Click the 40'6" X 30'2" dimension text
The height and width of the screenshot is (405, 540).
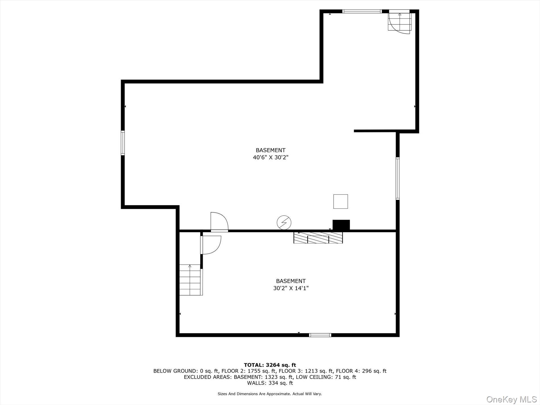(271, 157)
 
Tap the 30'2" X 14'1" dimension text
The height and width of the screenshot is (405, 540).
(291, 288)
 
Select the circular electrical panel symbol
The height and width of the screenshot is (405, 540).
(284, 223)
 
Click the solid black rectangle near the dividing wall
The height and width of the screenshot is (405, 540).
(341, 225)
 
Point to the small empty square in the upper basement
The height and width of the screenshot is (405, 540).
(340, 202)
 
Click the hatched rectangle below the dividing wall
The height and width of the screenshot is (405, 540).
(318, 238)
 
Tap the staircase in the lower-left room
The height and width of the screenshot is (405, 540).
(191, 280)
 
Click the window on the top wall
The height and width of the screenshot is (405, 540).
(362, 11)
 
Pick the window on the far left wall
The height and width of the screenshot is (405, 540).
(123, 143)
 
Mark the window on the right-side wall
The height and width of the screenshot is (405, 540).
(398, 178)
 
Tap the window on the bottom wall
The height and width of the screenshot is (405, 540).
(320, 335)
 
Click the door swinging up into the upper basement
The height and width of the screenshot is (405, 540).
(219, 222)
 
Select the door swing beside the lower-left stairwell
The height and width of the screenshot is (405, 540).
(211, 245)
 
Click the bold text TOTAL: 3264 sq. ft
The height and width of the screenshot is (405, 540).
(270, 365)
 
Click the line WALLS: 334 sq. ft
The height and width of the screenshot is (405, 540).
(270, 383)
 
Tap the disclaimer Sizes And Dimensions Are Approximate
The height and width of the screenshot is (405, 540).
(254, 394)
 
